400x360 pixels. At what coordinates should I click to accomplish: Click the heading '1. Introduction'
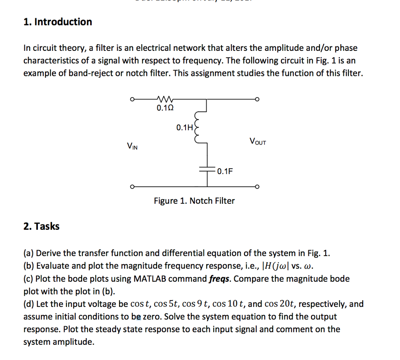click(58, 22)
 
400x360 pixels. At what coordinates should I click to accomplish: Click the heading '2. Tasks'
click(41, 226)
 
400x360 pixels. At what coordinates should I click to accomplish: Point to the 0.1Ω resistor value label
click(164, 108)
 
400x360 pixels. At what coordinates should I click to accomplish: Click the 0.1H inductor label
click(184, 127)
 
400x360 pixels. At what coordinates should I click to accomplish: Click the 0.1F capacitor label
click(225, 171)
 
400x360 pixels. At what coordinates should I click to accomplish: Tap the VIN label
click(132, 147)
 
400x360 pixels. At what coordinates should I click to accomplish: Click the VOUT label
click(257, 141)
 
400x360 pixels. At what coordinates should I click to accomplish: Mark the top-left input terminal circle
click(133, 99)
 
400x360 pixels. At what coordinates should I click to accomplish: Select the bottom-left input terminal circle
click(133, 186)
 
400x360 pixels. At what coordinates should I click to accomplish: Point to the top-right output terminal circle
click(257, 99)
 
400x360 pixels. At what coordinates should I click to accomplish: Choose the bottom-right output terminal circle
click(257, 186)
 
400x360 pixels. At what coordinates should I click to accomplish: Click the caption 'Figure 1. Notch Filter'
click(194, 201)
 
